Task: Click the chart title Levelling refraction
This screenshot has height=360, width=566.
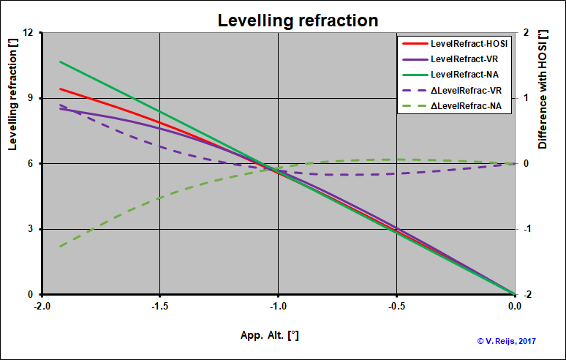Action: (x=298, y=20)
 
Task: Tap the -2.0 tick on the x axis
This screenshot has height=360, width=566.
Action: (x=42, y=306)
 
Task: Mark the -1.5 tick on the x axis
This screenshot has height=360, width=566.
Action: (x=160, y=306)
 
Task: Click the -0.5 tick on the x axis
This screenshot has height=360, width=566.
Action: (x=396, y=306)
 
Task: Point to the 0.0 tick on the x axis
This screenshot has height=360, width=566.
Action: (x=515, y=306)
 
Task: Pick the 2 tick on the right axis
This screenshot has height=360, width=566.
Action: (x=527, y=33)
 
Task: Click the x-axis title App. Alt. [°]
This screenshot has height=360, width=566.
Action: (x=269, y=335)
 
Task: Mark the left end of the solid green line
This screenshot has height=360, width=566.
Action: (x=60, y=61)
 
